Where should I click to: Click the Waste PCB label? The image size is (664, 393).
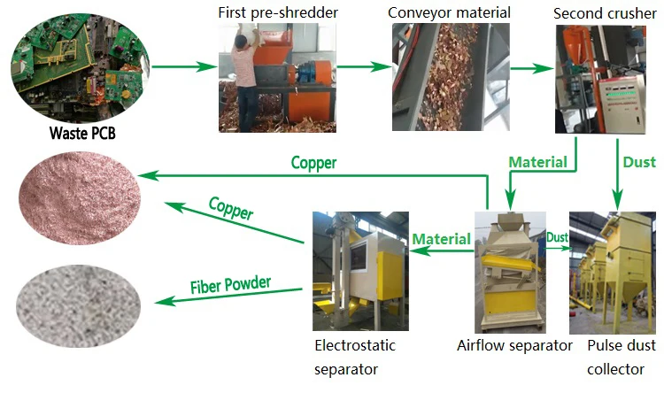pos(82,133)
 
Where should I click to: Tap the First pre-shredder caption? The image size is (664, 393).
pos(278,12)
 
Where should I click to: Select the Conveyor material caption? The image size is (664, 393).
pos(449,12)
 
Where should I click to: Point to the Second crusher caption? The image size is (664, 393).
pos(605,13)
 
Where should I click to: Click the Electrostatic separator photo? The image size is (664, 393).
pos(361,271)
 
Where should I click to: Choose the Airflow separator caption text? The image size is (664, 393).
pos(514,345)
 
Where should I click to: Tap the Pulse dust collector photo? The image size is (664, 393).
pos(613,273)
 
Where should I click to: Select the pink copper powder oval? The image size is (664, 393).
pos(80,197)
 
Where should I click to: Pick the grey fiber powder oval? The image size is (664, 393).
pos(78,305)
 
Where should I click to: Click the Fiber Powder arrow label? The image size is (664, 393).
pos(230,285)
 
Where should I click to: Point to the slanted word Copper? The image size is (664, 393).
pos(231,208)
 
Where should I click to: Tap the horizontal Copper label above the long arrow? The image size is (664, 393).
pos(313,163)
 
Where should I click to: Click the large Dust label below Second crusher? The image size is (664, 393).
pos(639,162)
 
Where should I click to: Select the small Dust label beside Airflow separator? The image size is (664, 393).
pos(557,237)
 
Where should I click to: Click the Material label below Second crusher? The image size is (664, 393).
pos(537,162)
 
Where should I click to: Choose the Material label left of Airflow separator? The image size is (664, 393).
pos(441,239)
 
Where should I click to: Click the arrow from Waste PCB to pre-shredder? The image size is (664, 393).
pos(185,66)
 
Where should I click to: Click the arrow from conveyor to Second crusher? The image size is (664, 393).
pos(532,68)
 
